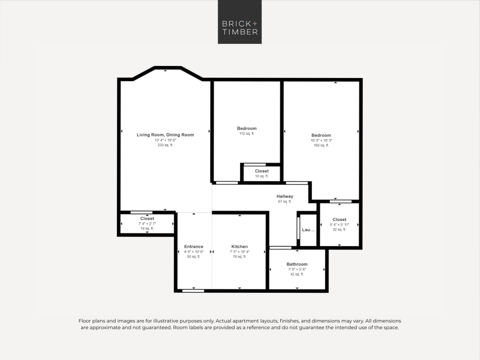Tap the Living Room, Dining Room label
165,135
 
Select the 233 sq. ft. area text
165,145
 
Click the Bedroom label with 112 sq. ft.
247,128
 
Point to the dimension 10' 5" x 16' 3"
321,140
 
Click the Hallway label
284,196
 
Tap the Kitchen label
239,247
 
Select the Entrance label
193,247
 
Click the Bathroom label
297,264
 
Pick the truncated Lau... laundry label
308,230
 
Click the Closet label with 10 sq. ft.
262,171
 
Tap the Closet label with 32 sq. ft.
339,220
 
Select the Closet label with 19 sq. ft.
147,218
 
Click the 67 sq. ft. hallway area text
284,202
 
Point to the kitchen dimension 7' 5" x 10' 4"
239,252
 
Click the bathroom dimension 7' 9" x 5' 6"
297,270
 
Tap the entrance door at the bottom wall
193,291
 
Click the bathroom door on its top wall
280,248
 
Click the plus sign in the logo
255,24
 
